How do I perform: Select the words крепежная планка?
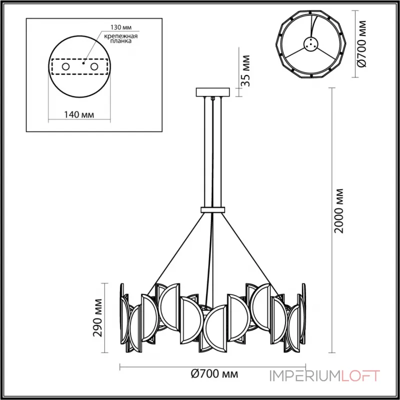(119, 38)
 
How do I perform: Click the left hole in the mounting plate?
(65, 66)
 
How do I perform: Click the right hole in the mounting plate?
(93, 66)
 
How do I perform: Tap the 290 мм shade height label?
(99, 318)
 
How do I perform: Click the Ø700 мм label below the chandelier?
(214, 373)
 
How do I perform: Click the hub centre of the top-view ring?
(310, 45)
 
